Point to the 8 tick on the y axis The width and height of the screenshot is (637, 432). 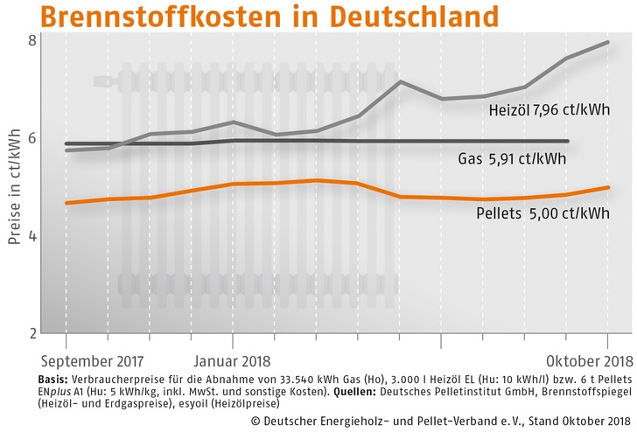coord(31,40)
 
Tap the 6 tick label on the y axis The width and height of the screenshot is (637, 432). coord(31,138)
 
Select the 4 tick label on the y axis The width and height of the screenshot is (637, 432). coord(31,236)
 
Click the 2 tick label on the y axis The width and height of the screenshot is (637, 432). coord(31,334)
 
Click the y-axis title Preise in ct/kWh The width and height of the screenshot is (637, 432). coord(13,185)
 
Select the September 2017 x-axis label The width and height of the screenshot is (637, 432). coord(92,360)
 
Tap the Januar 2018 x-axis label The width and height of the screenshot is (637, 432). coord(231,360)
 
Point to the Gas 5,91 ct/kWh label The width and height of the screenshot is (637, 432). coord(512,159)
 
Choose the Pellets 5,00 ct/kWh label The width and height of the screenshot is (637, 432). coord(542,213)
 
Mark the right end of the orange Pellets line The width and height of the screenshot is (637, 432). coord(609,187)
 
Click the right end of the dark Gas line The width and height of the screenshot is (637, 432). coord(569,141)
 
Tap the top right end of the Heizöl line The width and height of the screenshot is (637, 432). coord(609,42)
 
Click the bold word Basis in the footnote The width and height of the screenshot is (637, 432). coord(54,379)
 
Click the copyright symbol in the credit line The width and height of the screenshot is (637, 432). coord(255,420)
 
